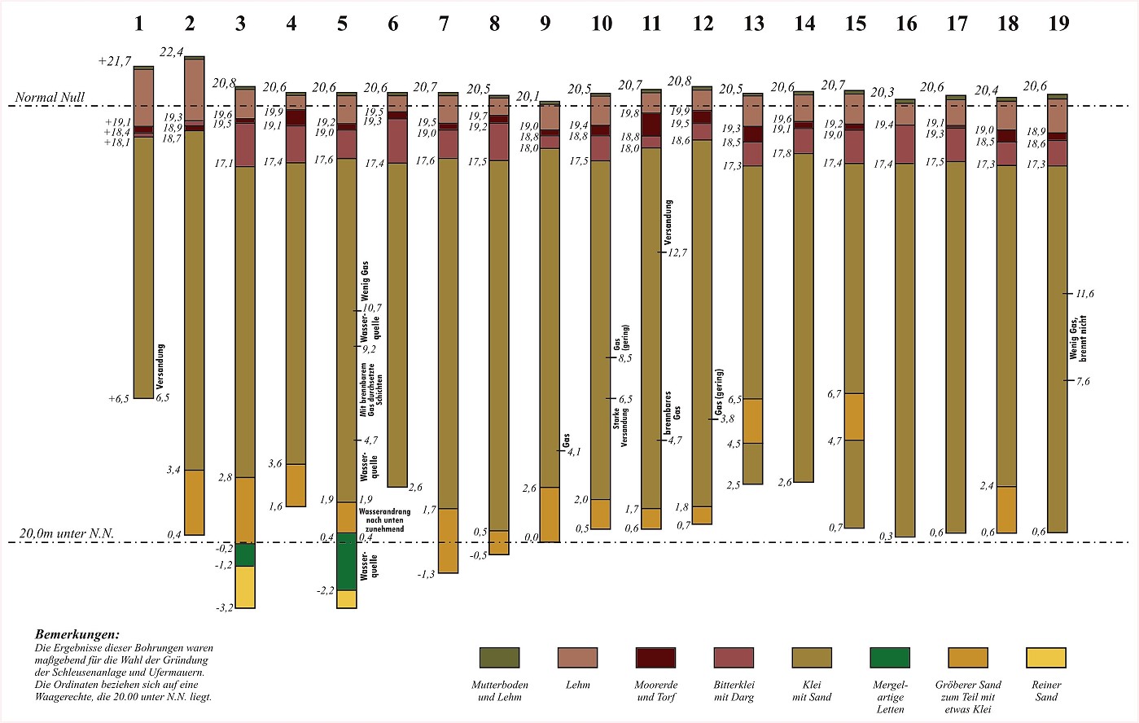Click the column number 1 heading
click(x=138, y=24)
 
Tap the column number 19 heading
click(x=1058, y=24)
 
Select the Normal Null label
click(x=50, y=98)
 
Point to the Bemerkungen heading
click(x=77, y=634)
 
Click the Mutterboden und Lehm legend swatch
click(x=499, y=658)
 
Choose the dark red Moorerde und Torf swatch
click(x=655, y=658)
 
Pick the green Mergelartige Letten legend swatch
click(x=890, y=658)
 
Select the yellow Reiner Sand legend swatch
click(x=1046, y=658)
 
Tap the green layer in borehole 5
click(x=346, y=561)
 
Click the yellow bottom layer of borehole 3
click(x=245, y=587)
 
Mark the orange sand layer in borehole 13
click(x=753, y=421)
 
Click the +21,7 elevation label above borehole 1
click(x=114, y=62)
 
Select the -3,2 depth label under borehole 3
click(x=223, y=607)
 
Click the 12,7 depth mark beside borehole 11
click(x=677, y=253)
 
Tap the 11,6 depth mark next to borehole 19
click(x=1084, y=294)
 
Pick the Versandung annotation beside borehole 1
click(x=160, y=363)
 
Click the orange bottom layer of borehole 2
click(x=194, y=502)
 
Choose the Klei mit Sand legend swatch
click(x=812, y=658)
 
